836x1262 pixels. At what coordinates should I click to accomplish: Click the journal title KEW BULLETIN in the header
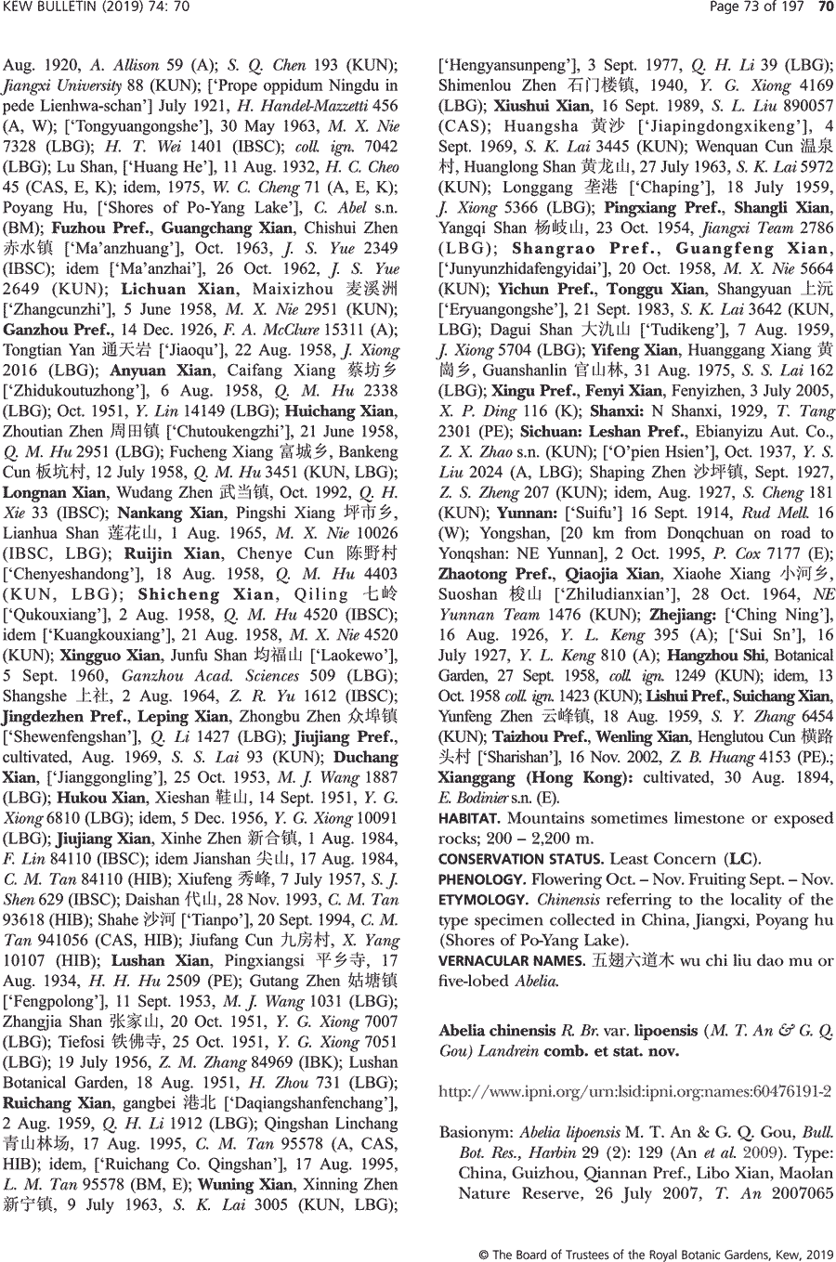[45, 8]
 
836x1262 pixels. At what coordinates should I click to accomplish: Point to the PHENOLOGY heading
[482, 879]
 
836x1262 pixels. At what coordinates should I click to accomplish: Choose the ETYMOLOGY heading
[479, 900]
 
